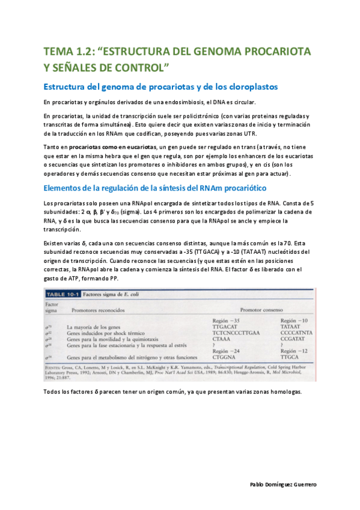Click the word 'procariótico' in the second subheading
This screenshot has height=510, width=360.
pos(233,188)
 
